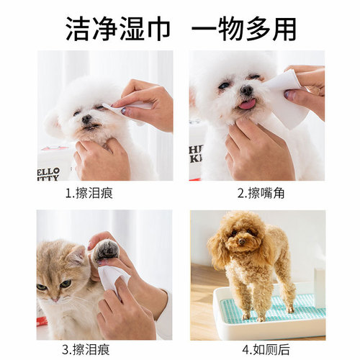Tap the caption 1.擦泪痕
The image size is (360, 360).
(x=89, y=193)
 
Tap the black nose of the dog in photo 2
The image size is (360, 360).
(x=246, y=91)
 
